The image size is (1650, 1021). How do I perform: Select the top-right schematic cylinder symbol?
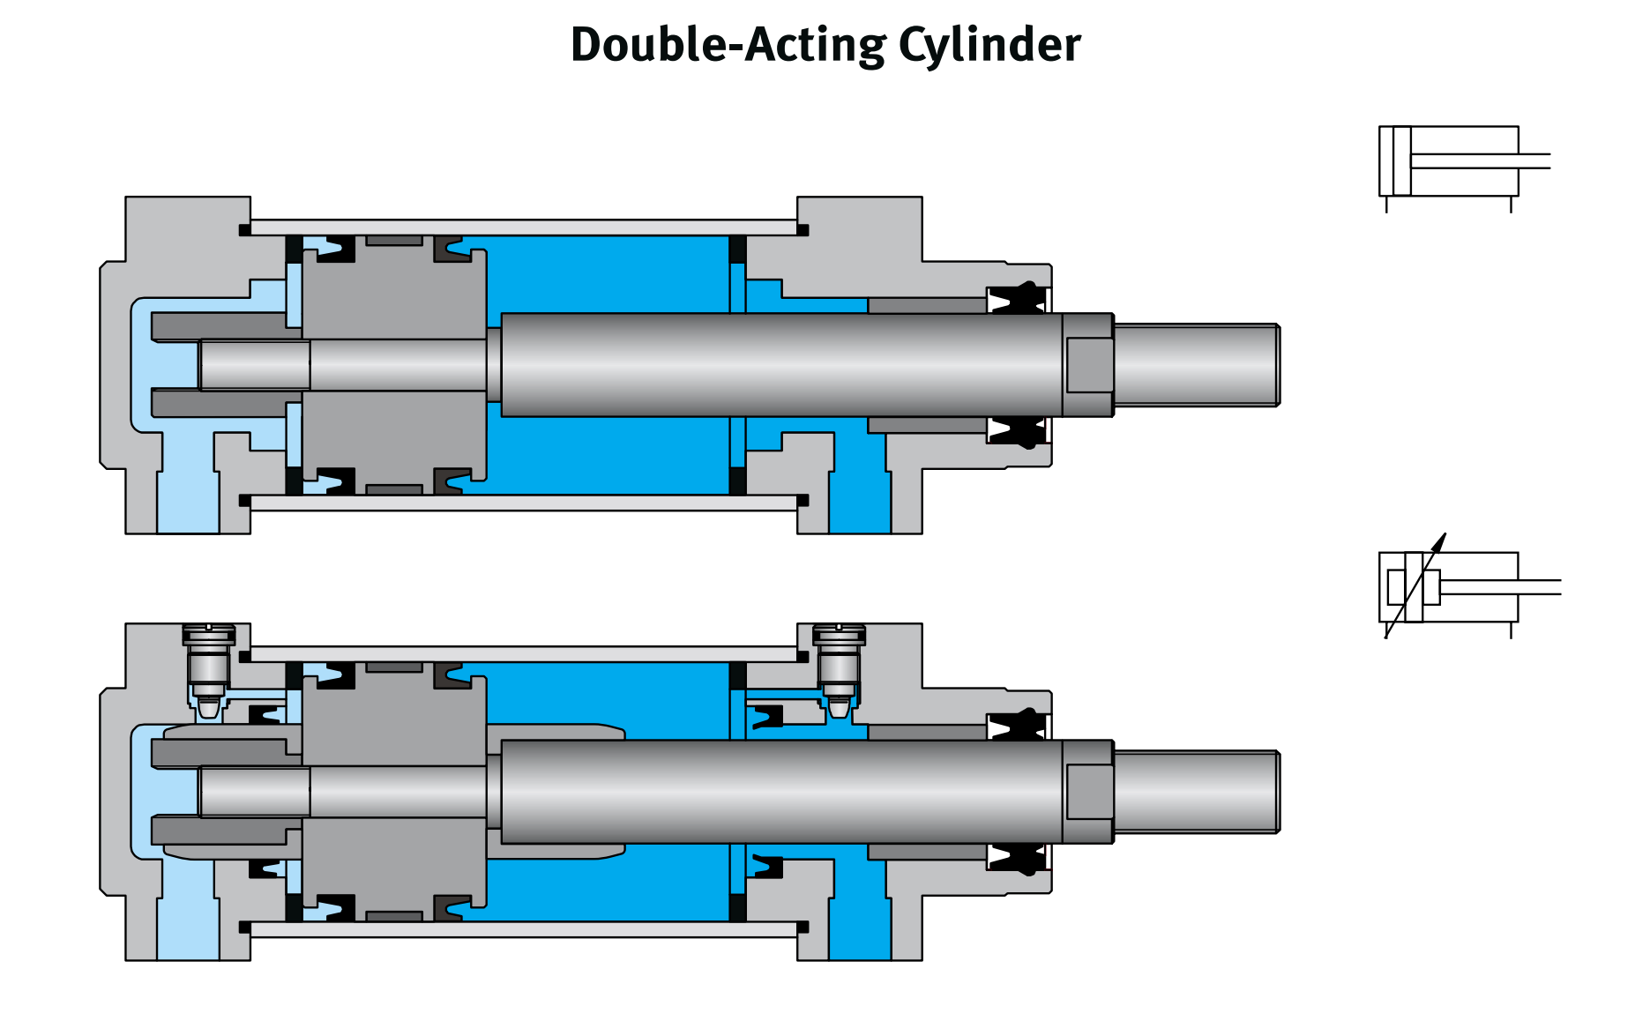tap(1451, 161)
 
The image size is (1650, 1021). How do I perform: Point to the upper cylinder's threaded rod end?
tap(1196, 365)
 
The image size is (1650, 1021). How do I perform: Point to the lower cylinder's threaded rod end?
tap(1196, 792)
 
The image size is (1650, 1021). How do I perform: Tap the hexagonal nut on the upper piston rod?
tap(1089, 365)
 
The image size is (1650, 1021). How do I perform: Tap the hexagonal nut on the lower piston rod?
tap(1089, 792)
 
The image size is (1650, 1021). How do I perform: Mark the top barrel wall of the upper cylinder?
tap(524, 227)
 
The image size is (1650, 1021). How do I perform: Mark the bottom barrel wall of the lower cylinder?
tap(524, 929)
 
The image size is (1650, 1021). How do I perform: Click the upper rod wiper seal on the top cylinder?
tap(1017, 299)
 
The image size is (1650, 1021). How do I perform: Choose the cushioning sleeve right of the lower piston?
tap(556, 732)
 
